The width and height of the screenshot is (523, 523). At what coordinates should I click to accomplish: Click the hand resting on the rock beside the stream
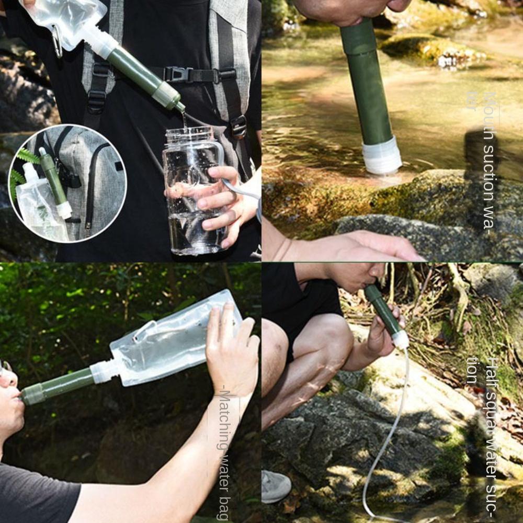click(x=366, y=246)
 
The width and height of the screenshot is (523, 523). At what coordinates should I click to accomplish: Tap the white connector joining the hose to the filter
click(x=401, y=340)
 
